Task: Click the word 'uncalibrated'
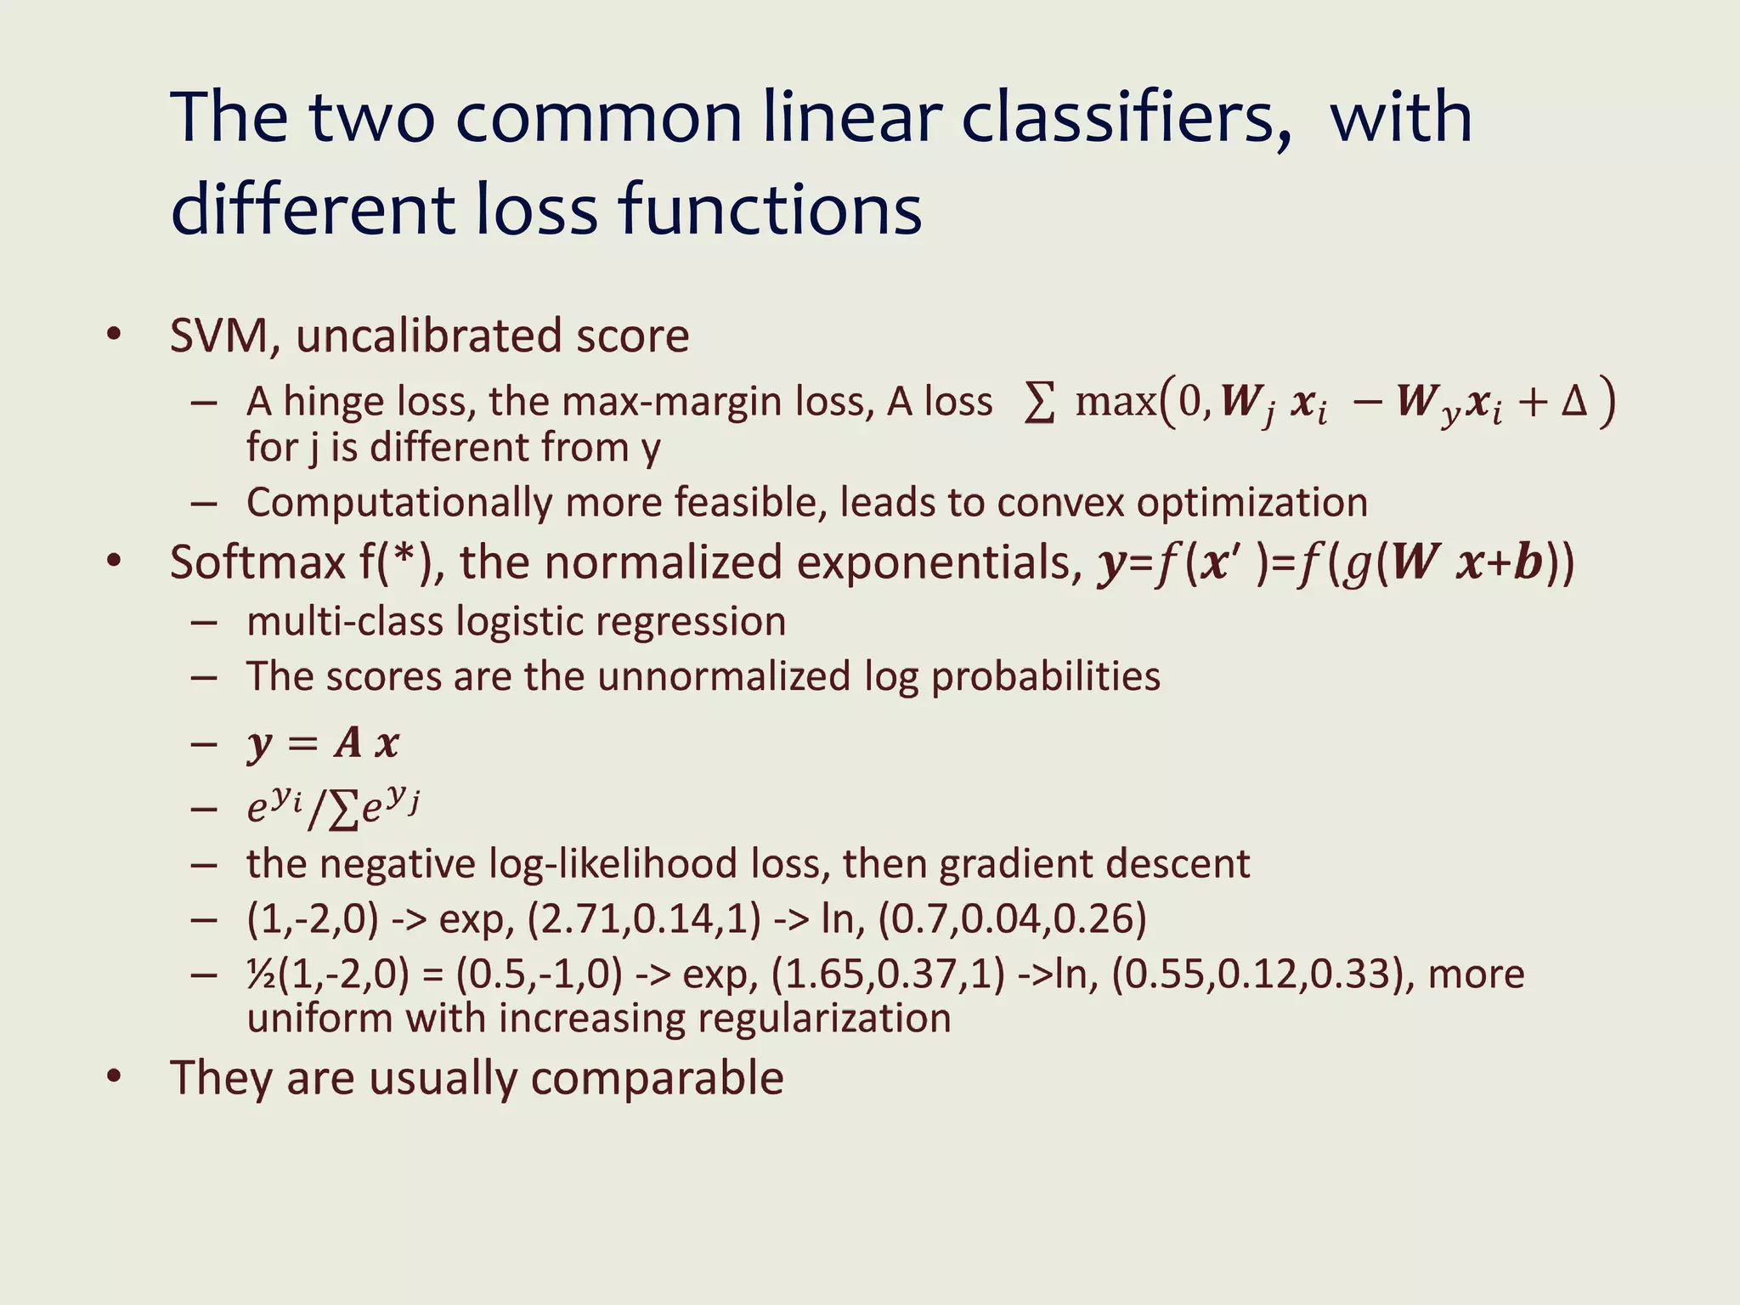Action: click(x=429, y=336)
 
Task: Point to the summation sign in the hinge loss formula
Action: click(x=1040, y=401)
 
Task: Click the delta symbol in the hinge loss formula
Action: click(x=1574, y=401)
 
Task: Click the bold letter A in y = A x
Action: click(x=348, y=743)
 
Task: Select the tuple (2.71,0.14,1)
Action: click(x=644, y=919)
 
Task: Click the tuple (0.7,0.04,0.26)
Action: click(x=1012, y=919)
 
